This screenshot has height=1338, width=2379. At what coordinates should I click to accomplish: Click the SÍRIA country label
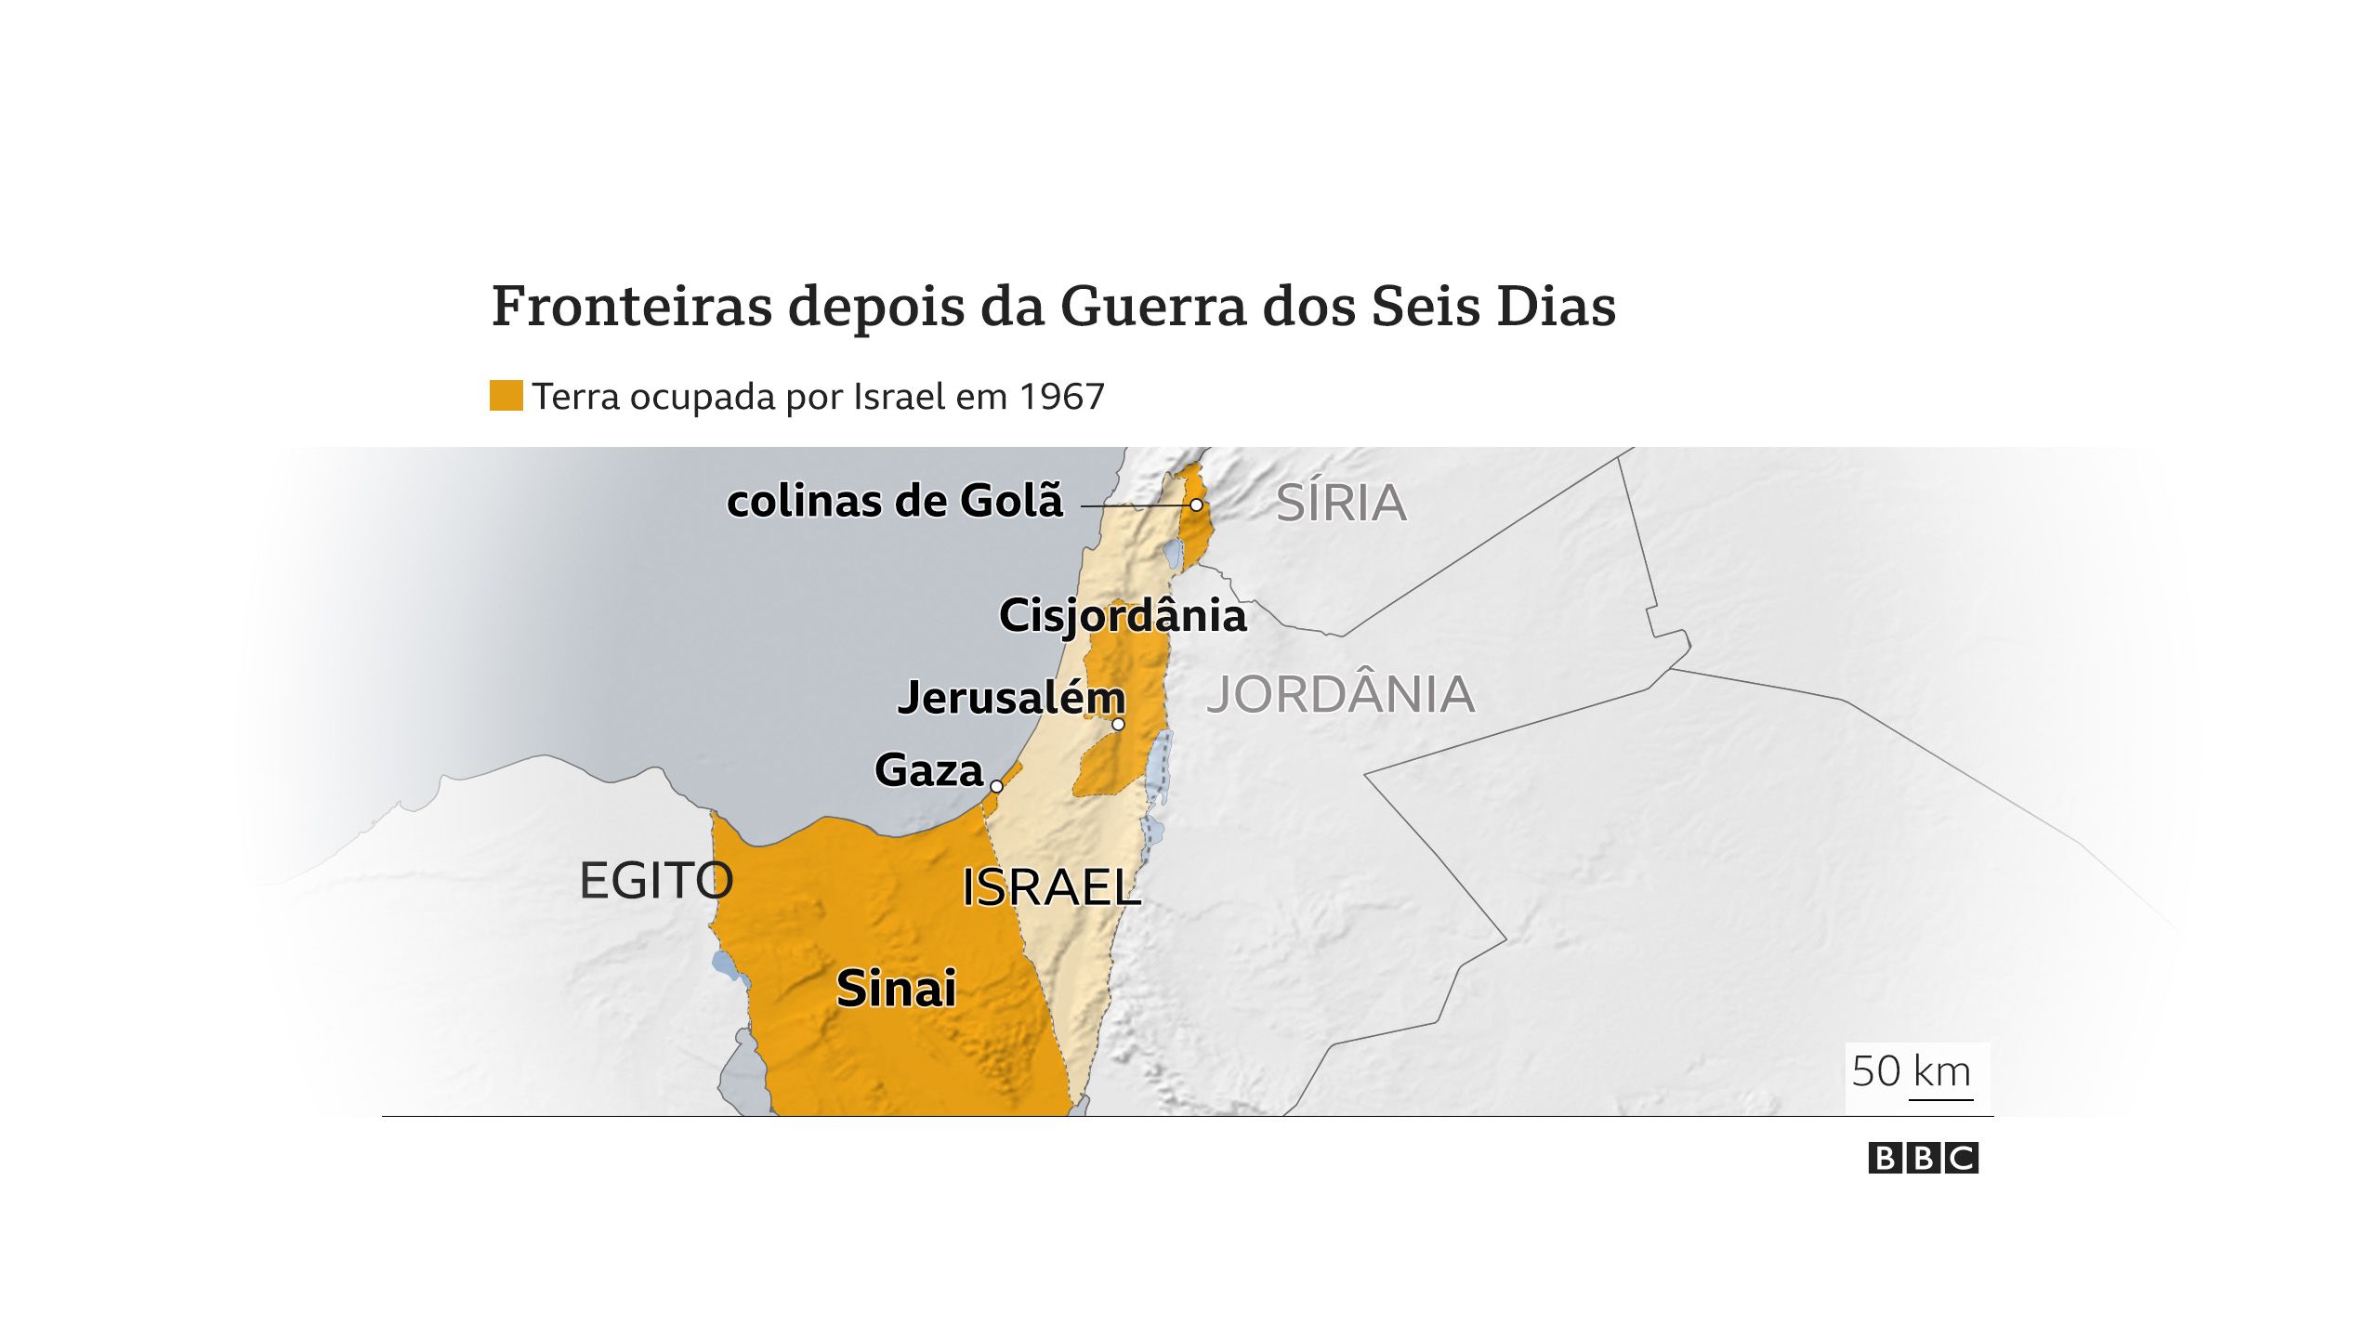click(x=1341, y=504)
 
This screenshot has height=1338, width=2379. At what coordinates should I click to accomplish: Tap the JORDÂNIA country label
click(x=1340, y=695)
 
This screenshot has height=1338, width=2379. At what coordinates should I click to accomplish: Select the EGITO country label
click(x=656, y=881)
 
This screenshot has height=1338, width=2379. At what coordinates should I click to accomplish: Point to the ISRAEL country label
click(x=1050, y=887)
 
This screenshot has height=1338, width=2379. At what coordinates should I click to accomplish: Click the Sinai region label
click(x=896, y=989)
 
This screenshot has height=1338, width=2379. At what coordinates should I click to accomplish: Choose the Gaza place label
click(x=928, y=771)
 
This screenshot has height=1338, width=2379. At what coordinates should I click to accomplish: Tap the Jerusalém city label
click(x=1011, y=698)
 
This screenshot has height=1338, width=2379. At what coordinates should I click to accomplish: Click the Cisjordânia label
click(x=1123, y=616)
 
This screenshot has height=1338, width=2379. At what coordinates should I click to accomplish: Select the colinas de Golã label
click(x=895, y=502)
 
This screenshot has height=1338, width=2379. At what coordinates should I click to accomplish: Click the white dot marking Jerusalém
click(x=1118, y=725)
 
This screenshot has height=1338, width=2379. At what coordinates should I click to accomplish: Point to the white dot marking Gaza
click(x=996, y=787)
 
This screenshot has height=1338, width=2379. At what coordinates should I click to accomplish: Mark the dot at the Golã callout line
click(x=1197, y=505)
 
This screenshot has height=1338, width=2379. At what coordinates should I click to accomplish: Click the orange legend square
click(x=506, y=396)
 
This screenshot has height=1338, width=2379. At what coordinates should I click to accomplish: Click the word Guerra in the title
click(x=1153, y=307)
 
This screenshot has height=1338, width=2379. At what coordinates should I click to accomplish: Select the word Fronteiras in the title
click(x=632, y=307)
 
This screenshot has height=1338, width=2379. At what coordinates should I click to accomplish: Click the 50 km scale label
click(x=1911, y=1072)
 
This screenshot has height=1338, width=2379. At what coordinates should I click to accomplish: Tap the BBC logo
click(x=1923, y=1159)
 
